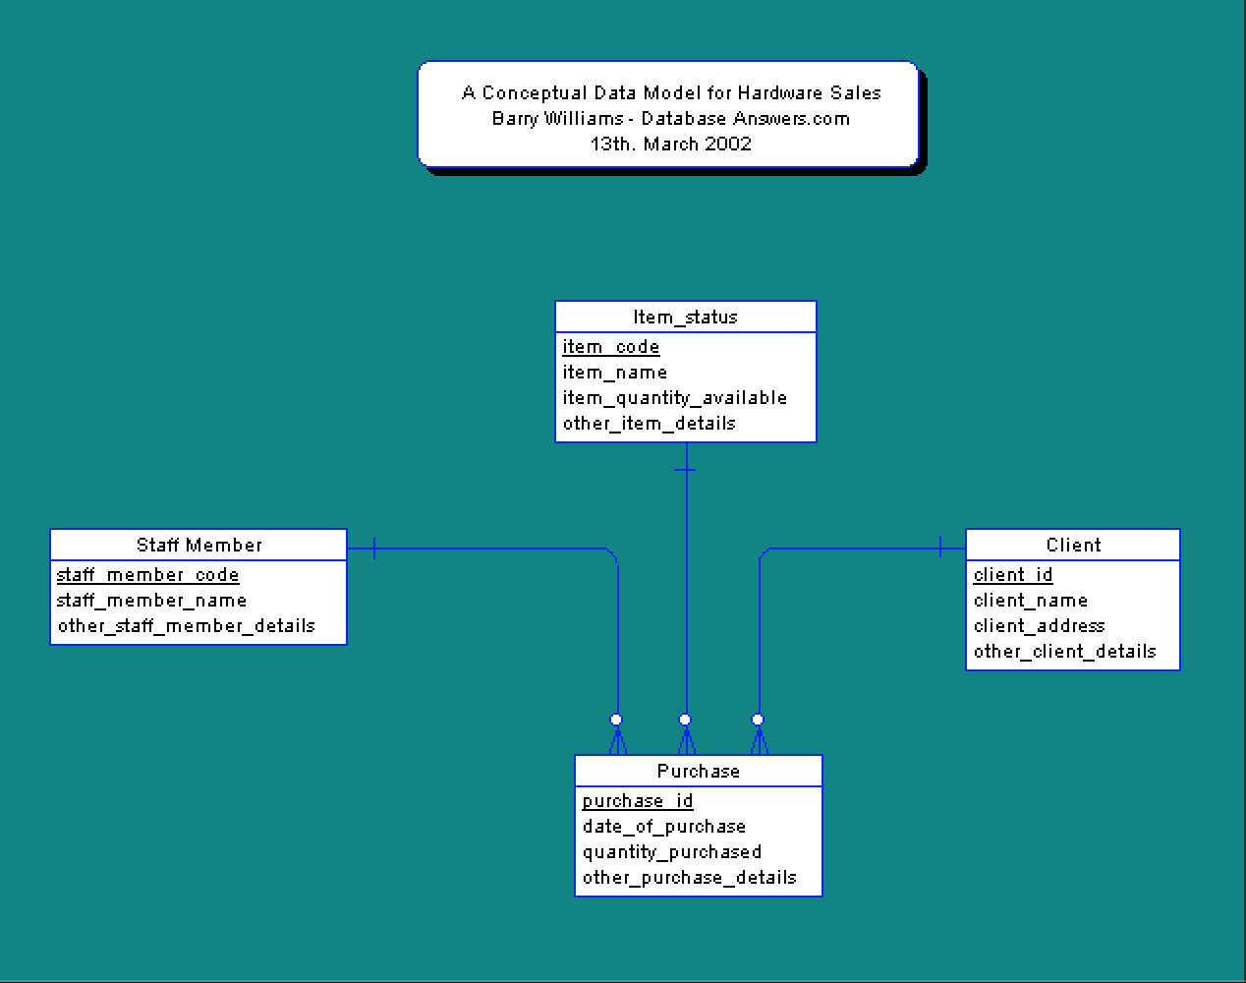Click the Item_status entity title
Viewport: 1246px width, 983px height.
tap(685, 317)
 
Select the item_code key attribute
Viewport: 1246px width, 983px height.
tap(610, 347)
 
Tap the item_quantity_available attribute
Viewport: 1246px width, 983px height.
tap(674, 398)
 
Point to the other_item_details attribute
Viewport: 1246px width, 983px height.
tap(649, 424)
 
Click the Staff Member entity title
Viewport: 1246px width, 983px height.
tap(199, 545)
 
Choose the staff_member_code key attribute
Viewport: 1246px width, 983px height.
tap(147, 575)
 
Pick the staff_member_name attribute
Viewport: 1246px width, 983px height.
tap(151, 601)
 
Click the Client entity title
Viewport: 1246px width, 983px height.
tap(1073, 545)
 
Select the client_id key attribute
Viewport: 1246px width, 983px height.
tap(1012, 575)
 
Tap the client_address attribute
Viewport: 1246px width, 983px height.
tap(1039, 626)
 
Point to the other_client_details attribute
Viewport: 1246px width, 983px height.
tap(1064, 652)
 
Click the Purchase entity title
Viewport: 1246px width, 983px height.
tap(699, 771)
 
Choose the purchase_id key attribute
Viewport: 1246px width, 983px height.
tap(637, 801)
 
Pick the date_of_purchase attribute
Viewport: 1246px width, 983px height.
tap(663, 827)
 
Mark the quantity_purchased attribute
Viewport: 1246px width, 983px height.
tap(671, 852)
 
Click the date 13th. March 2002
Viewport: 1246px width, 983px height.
tap(670, 144)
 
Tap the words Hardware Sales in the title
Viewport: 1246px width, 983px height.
tap(809, 93)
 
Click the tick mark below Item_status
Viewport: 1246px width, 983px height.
tap(686, 470)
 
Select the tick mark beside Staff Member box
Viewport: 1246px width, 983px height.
tap(374, 549)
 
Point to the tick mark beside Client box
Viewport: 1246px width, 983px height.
tap(940, 548)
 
